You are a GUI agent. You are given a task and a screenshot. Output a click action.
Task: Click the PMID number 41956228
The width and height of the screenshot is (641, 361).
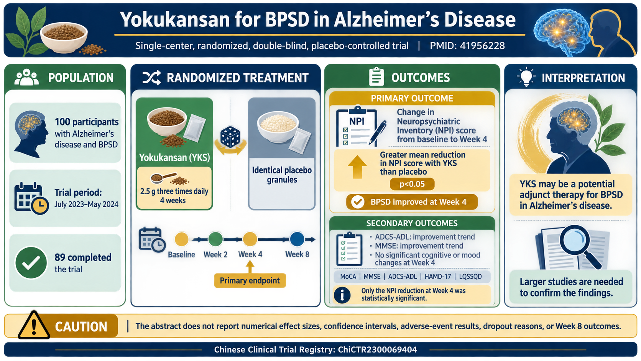pos(482,46)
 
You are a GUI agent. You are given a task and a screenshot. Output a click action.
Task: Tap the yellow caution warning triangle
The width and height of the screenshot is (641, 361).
pos(34,326)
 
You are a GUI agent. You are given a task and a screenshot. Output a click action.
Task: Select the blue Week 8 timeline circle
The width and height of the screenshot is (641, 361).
pos(297,239)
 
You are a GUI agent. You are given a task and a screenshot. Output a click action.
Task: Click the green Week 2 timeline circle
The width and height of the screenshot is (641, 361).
pos(215,239)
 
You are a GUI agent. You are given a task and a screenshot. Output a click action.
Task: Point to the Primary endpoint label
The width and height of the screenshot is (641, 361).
pos(250,280)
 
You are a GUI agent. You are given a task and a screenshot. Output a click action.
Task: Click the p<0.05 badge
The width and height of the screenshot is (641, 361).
pos(412,184)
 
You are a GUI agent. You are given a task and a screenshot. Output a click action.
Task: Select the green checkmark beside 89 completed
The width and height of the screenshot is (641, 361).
pos(31,263)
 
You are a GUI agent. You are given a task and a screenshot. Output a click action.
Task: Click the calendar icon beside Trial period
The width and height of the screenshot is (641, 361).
pos(31,198)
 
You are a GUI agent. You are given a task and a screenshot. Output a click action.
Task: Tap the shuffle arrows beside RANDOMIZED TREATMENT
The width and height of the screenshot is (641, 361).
pos(151,78)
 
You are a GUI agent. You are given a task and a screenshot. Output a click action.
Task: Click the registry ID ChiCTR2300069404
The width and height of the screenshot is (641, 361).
pos(377,349)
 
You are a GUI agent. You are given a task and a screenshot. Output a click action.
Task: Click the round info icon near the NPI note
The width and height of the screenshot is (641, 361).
pos(342,295)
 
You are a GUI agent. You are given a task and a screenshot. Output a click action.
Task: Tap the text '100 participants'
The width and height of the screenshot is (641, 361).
pos(87,122)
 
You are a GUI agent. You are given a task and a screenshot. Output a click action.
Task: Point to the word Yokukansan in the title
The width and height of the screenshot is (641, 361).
pos(175,20)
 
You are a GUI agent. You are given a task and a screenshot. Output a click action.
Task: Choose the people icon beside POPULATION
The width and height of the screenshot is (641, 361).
pos(26,77)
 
